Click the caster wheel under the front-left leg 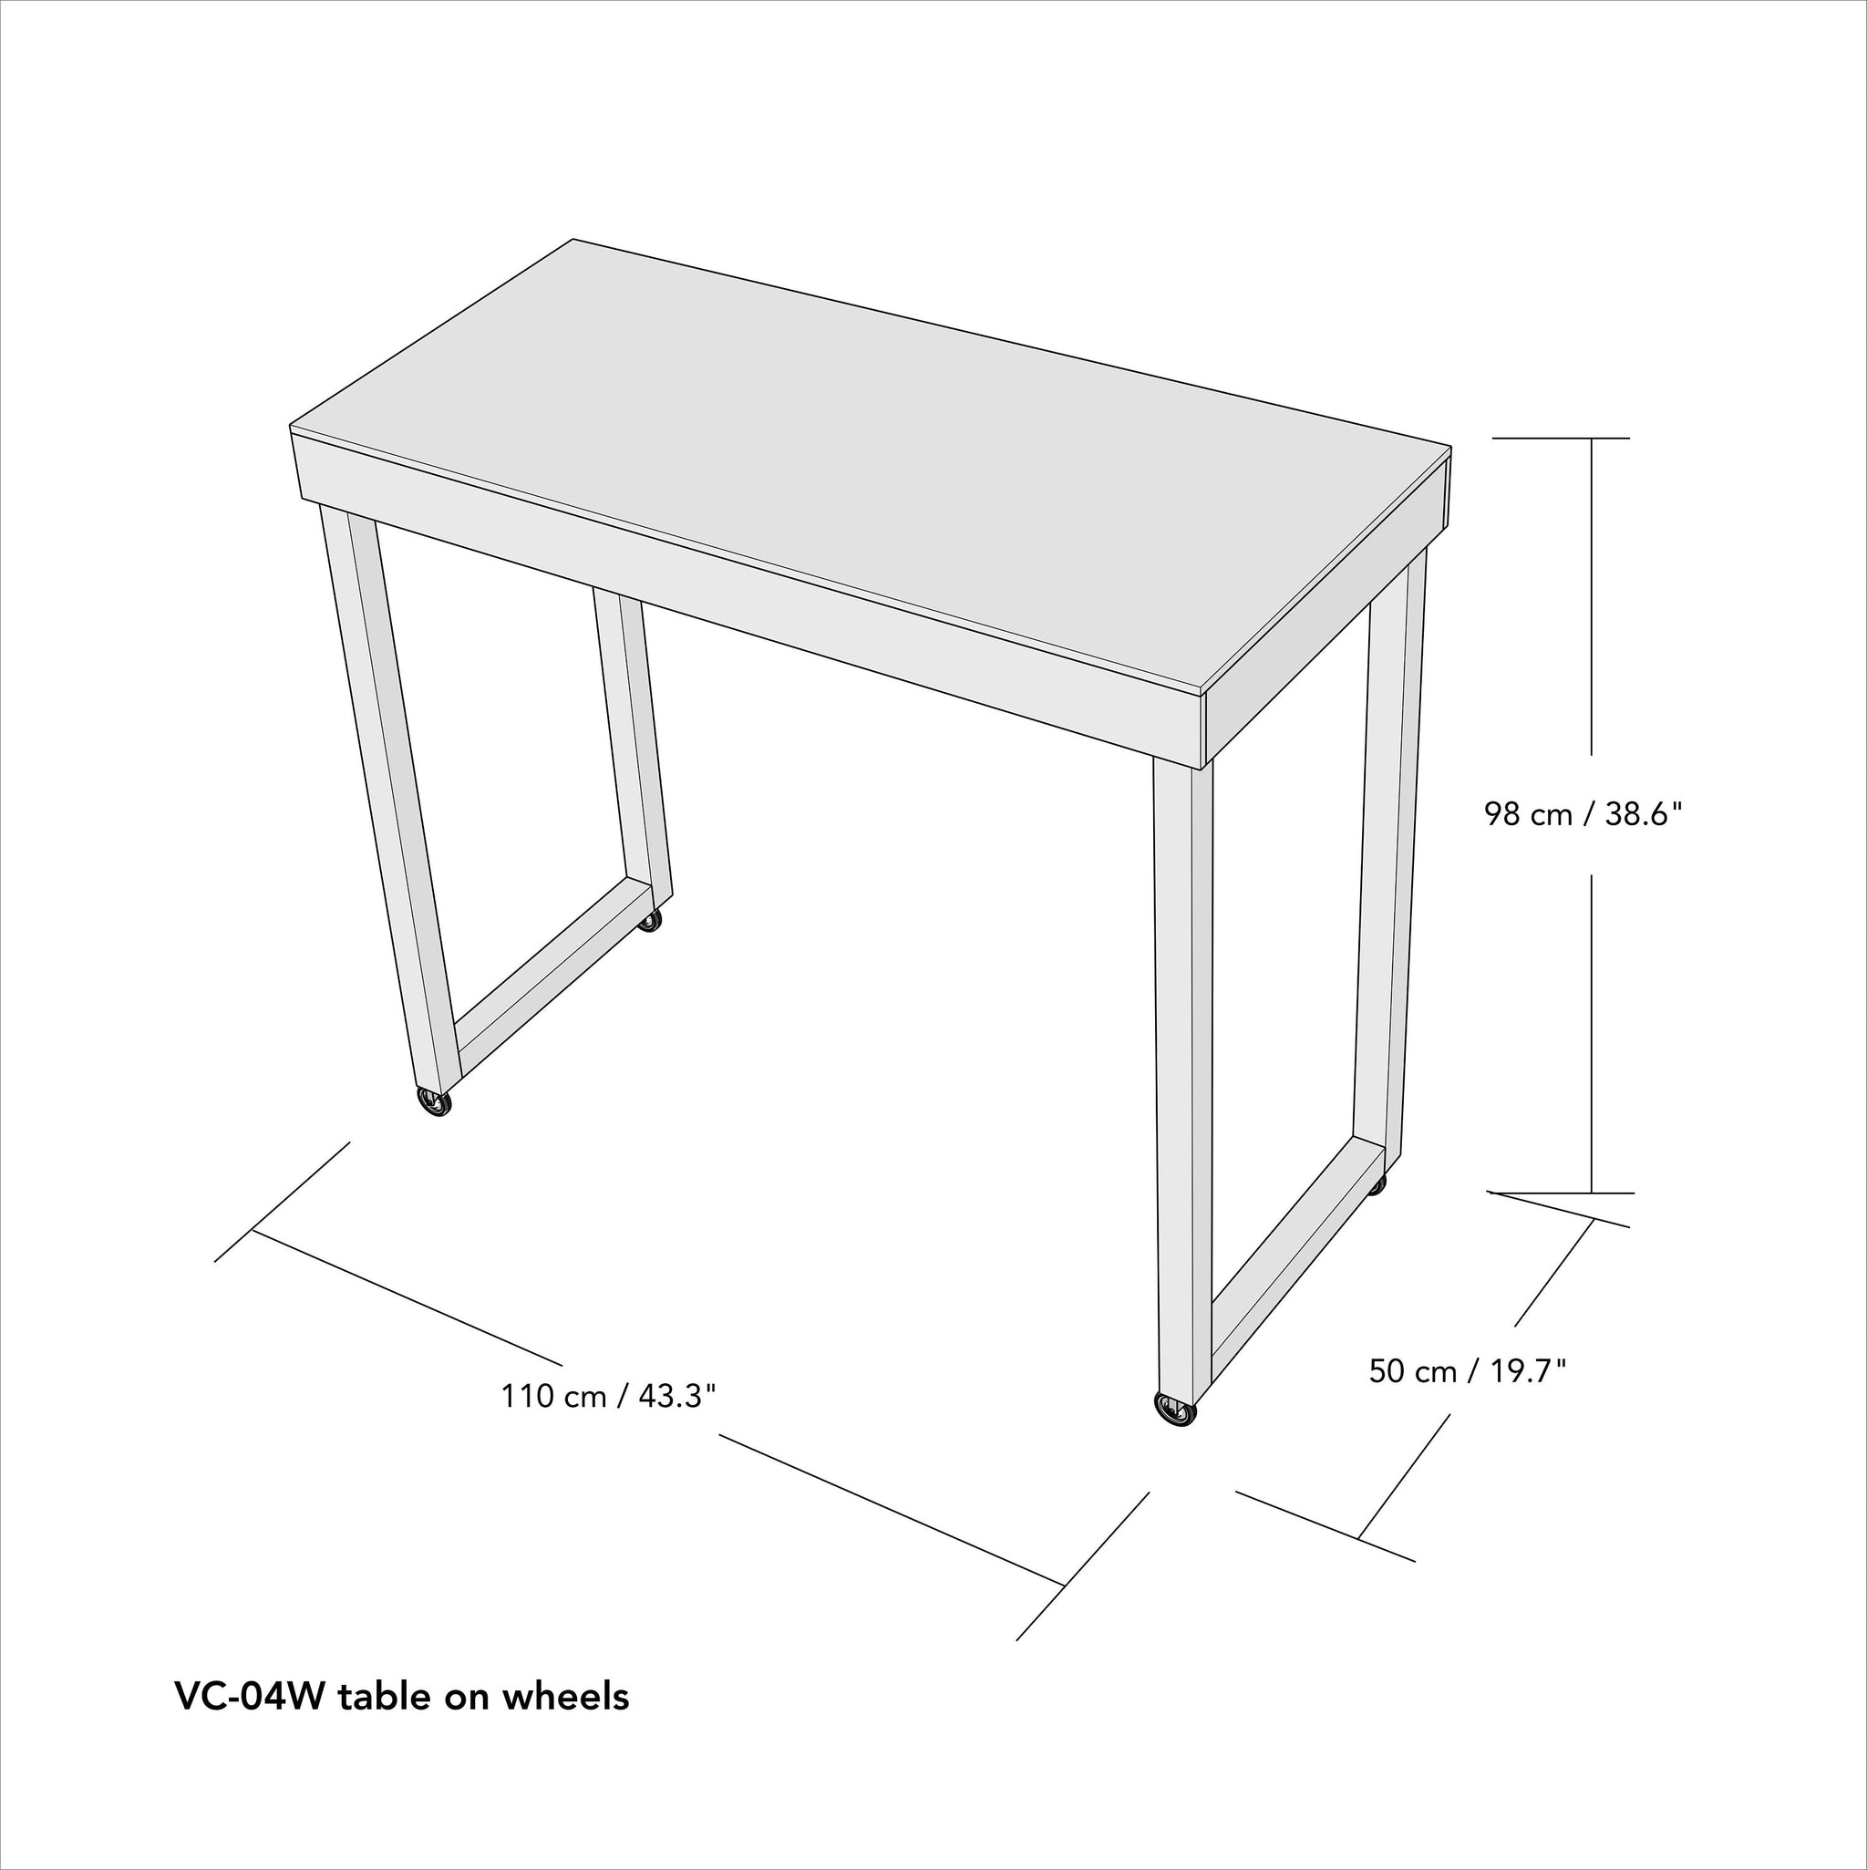(x=435, y=1102)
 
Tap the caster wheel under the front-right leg (x=1175, y=1410)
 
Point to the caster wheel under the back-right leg (x=1377, y=1184)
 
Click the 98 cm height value (x=1528, y=814)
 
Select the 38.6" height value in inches (x=1645, y=814)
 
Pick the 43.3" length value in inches (x=676, y=1396)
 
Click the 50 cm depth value (x=1412, y=1370)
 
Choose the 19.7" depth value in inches (x=1527, y=1370)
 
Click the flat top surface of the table (x=872, y=465)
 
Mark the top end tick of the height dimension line (x=1560, y=439)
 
